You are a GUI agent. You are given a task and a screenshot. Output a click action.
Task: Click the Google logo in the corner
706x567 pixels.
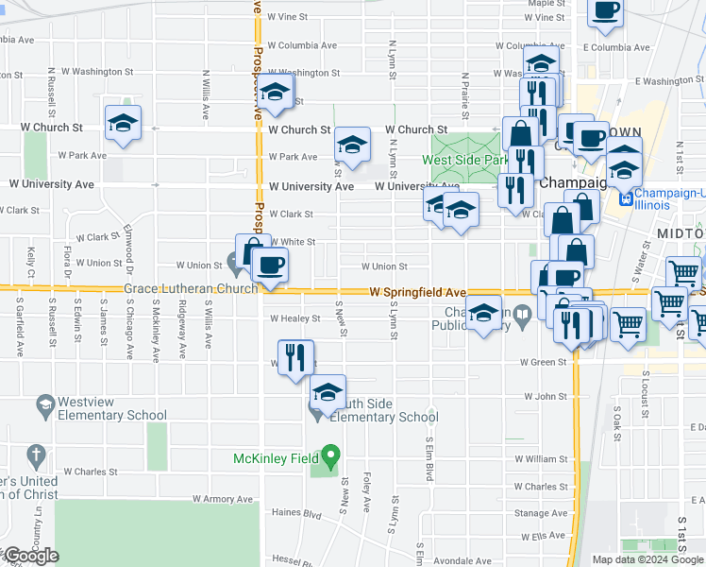[x=31, y=556]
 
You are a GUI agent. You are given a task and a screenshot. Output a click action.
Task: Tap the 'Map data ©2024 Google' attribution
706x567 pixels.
[x=647, y=559]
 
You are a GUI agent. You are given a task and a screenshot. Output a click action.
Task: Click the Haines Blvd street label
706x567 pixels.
[x=296, y=515]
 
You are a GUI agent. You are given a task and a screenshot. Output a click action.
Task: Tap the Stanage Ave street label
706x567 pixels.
[x=542, y=513]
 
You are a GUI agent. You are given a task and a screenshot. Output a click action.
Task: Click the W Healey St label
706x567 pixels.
[x=295, y=318]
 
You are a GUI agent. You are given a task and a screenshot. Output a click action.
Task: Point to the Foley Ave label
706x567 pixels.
[x=367, y=490]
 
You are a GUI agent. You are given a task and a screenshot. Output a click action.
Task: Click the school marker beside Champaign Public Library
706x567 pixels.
[x=483, y=314]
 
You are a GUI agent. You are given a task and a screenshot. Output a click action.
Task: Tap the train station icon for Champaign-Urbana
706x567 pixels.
[x=624, y=198]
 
